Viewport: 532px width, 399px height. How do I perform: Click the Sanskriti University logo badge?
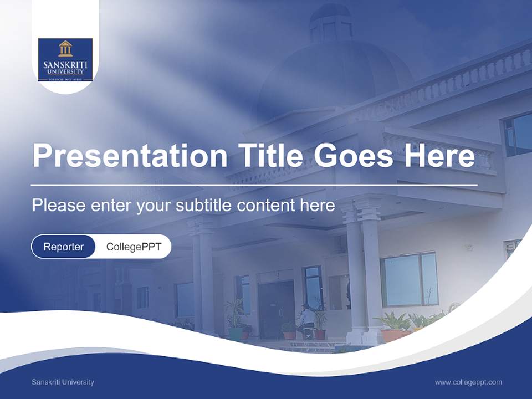click(65, 60)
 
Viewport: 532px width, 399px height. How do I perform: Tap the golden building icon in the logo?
click(65, 49)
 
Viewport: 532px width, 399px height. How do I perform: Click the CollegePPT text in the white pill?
click(134, 247)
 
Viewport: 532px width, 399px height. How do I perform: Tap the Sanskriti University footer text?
click(63, 382)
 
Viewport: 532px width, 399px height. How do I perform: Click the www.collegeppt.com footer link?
click(468, 382)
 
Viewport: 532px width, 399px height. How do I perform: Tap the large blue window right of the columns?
click(410, 279)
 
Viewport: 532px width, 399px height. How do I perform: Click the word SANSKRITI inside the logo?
click(65, 65)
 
